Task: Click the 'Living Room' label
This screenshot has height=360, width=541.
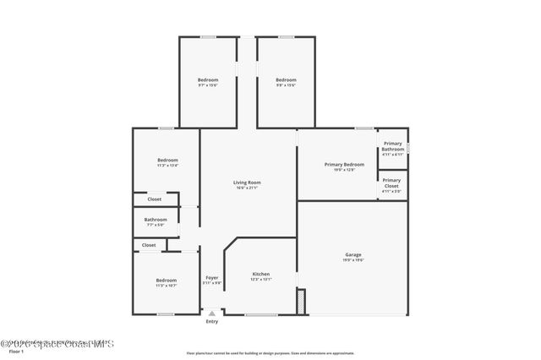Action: click(247, 183)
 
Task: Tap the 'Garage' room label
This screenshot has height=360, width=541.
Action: click(353, 254)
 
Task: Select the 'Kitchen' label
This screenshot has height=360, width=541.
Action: click(260, 274)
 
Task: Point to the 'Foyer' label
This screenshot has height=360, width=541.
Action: click(212, 277)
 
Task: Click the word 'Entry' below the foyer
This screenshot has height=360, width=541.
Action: click(212, 321)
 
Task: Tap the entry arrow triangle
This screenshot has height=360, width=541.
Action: click(212, 313)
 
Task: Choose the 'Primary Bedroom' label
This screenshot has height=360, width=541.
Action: click(344, 164)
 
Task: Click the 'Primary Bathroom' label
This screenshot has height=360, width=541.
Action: click(393, 147)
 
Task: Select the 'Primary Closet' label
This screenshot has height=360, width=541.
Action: click(391, 183)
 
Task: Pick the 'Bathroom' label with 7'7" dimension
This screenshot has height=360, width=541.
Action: click(155, 220)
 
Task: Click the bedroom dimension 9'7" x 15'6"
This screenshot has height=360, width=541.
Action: click(208, 85)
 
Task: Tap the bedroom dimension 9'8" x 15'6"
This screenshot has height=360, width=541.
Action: click(286, 85)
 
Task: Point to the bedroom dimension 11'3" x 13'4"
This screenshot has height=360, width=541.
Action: click(167, 166)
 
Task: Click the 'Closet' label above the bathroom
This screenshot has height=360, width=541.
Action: click(155, 199)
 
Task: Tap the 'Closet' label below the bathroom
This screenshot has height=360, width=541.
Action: click(149, 245)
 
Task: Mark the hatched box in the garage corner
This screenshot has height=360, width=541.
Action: click(300, 301)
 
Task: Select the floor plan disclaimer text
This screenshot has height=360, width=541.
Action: click(270, 352)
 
